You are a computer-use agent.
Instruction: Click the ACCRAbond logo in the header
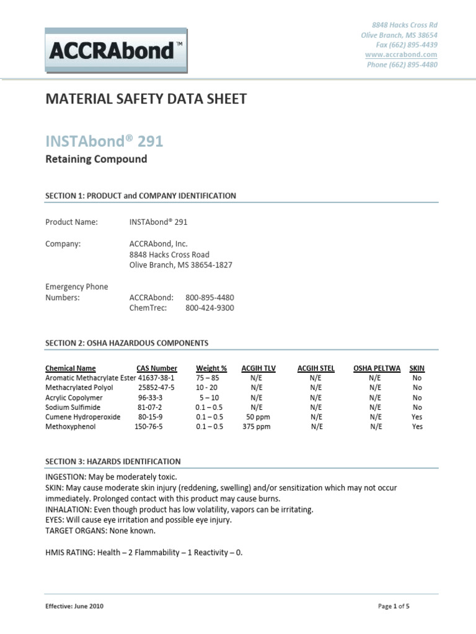click(x=117, y=51)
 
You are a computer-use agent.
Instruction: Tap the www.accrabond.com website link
click(x=401, y=54)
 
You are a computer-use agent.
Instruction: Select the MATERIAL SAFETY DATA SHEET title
click(x=146, y=99)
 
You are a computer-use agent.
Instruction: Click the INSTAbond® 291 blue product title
click(x=104, y=141)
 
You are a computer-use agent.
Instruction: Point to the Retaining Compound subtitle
click(x=96, y=159)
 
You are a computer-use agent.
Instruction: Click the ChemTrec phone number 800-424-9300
click(x=209, y=308)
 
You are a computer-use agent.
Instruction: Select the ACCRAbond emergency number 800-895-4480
click(x=209, y=297)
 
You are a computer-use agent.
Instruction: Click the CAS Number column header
click(x=157, y=368)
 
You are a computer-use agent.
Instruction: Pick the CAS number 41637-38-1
click(x=157, y=378)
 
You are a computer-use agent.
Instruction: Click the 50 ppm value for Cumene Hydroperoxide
click(x=256, y=417)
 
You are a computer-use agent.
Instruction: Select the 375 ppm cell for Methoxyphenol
click(x=256, y=427)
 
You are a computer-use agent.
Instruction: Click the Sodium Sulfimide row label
click(x=73, y=407)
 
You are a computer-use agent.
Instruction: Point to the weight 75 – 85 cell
click(x=209, y=378)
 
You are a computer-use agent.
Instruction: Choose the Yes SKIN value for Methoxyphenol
click(x=417, y=427)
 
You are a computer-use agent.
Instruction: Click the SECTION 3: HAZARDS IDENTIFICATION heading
click(x=113, y=461)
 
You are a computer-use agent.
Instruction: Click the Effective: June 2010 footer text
click(x=74, y=606)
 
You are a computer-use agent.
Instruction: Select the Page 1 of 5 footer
click(x=394, y=606)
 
